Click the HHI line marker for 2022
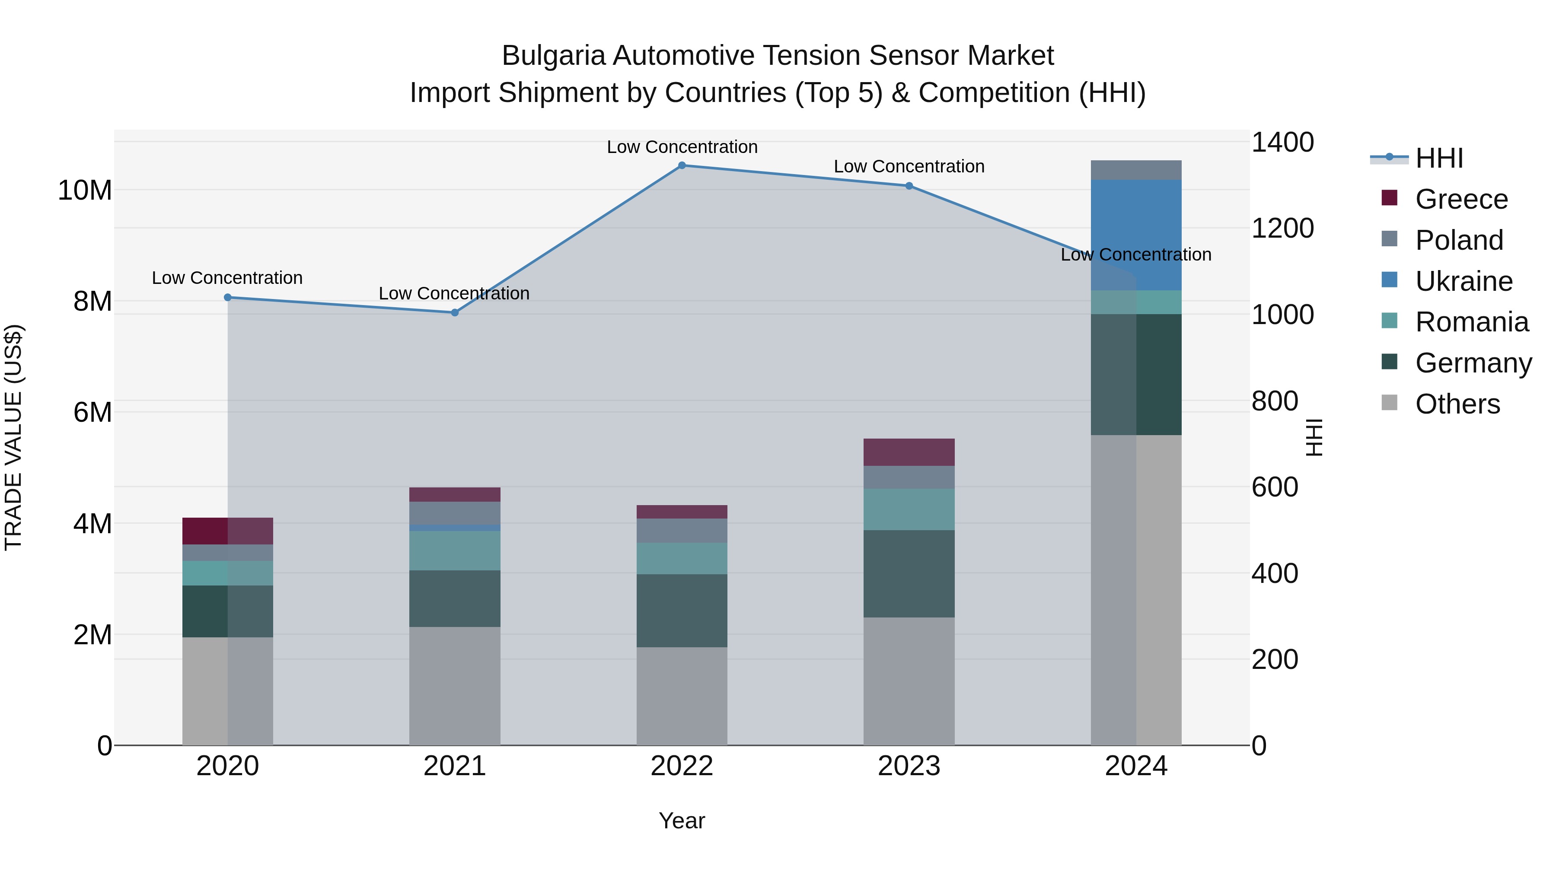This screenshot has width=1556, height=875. click(682, 165)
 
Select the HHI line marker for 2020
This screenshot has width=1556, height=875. click(228, 297)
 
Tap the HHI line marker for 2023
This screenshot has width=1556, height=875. click(909, 186)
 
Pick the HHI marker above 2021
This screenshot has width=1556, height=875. click(455, 313)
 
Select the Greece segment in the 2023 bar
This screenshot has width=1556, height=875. click(909, 452)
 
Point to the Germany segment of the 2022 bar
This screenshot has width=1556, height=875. click(682, 611)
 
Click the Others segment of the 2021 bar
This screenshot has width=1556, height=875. click(455, 686)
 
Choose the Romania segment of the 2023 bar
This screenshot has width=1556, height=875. click(909, 510)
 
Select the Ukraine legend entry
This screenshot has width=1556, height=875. click(1464, 281)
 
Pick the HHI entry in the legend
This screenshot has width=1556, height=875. click(1439, 158)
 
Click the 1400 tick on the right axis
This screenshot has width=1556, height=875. click(1282, 143)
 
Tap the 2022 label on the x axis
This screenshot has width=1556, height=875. click(682, 766)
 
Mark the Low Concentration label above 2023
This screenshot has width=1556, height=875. click(909, 167)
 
